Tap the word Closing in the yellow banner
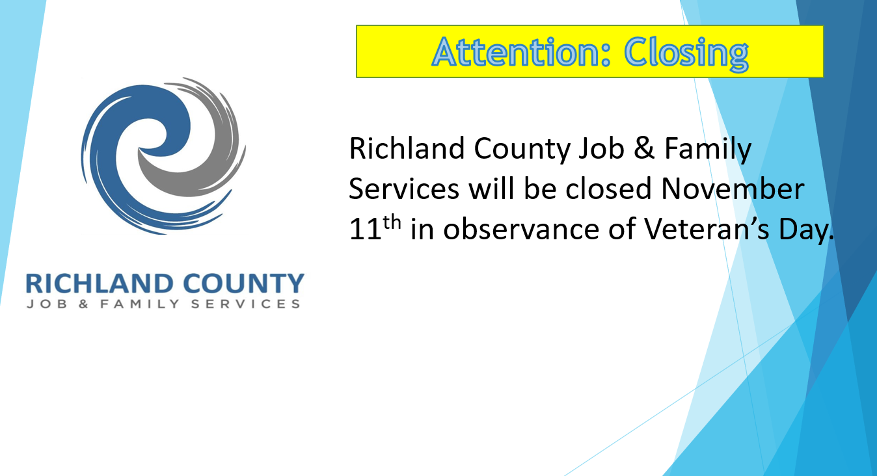click(x=686, y=53)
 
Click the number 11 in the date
click(x=365, y=229)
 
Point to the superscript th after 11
click(x=392, y=222)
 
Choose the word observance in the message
click(x=521, y=229)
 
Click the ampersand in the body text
click(x=644, y=148)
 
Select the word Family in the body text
click(x=708, y=150)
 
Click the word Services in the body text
click(x=403, y=189)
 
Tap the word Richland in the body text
click(x=407, y=148)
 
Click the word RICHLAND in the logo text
click(x=100, y=284)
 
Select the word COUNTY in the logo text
click(x=243, y=284)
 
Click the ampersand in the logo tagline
click(x=83, y=304)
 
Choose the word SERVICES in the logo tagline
click(x=245, y=304)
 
